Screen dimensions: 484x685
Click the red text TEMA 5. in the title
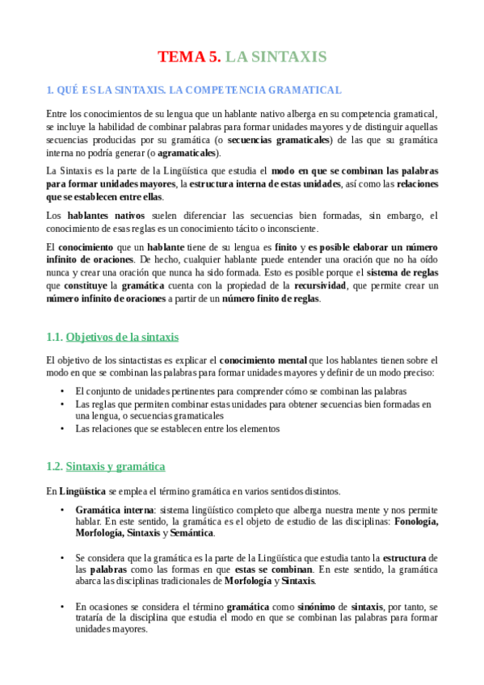coord(188,57)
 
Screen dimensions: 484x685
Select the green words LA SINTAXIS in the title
coord(276,57)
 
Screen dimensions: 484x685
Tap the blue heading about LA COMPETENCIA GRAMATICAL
coord(194,90)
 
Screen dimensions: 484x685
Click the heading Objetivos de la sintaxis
coord(122,337)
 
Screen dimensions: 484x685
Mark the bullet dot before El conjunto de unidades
coord(63,391)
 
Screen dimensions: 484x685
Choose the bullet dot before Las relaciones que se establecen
coord(63,429)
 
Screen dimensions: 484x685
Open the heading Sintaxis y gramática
coord(116,466)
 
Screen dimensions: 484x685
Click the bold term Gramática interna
coord(114,511)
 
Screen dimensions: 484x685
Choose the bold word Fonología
coord(416,522)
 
